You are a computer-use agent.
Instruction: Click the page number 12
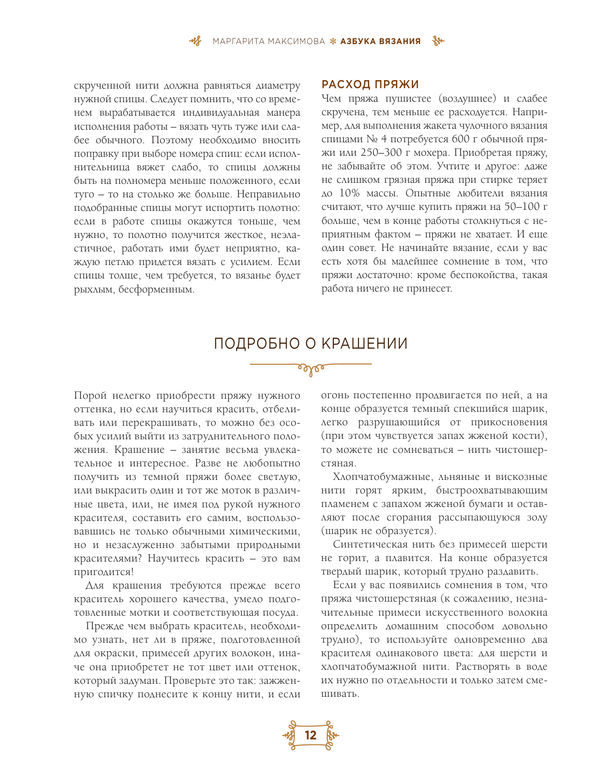pyautogui.click(x=311, y=735)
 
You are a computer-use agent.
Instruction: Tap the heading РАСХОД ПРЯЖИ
pyautogui.click(x=370, y=84)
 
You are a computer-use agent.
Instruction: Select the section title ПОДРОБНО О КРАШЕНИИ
pyautogui.click(x=311, y=344)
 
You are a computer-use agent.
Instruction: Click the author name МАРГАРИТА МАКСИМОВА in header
pyautogui.click(x=269, y=42)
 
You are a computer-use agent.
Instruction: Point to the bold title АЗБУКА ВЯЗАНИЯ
pyautogui.click(x=380, y=42)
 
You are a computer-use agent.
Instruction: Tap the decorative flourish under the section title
pyautogui.click(x=311, y=368)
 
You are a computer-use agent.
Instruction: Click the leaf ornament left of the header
pyautogui.click(x=195, y=42)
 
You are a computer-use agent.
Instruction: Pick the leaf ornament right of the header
pyautogui.click(x=438, y=42)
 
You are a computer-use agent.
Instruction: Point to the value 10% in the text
pyautogui.click(x=349, y=193)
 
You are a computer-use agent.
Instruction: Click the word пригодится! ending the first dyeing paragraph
pyautogui.click(x=104, y=572)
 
